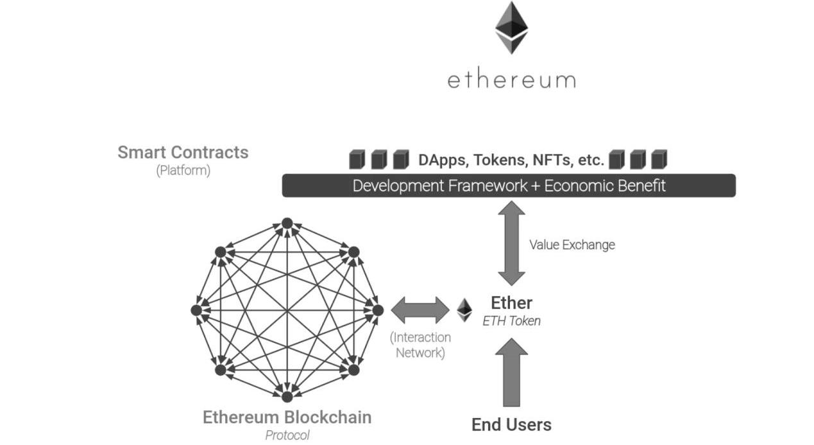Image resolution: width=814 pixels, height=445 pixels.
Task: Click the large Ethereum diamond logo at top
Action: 511,28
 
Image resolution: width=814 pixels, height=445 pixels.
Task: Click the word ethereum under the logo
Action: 511,80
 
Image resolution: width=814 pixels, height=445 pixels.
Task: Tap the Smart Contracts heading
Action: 183,153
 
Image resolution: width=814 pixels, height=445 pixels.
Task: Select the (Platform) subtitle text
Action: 183,171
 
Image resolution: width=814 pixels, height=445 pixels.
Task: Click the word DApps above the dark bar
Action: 442,160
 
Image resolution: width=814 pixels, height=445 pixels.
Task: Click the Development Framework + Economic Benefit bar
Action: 509,186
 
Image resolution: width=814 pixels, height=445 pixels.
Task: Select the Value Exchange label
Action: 572,244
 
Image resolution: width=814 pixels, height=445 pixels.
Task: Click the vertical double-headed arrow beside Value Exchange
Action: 512,244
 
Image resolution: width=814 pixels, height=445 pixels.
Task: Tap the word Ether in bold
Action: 511,303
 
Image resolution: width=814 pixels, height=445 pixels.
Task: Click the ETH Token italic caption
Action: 511,321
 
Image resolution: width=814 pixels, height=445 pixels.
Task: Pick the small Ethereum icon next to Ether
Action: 464,310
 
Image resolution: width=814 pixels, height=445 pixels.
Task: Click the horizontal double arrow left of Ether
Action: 420,310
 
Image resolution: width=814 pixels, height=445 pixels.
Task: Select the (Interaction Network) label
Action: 420,345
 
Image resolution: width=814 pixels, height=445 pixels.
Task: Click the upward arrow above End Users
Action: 511,372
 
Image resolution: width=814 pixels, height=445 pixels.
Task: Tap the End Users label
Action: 511,424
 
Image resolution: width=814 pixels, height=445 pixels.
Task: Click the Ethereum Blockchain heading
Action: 287,417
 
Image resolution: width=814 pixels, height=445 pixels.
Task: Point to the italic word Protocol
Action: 287,435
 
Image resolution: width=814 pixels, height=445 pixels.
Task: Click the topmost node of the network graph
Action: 287,223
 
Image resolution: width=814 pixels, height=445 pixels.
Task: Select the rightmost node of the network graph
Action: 378,310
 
